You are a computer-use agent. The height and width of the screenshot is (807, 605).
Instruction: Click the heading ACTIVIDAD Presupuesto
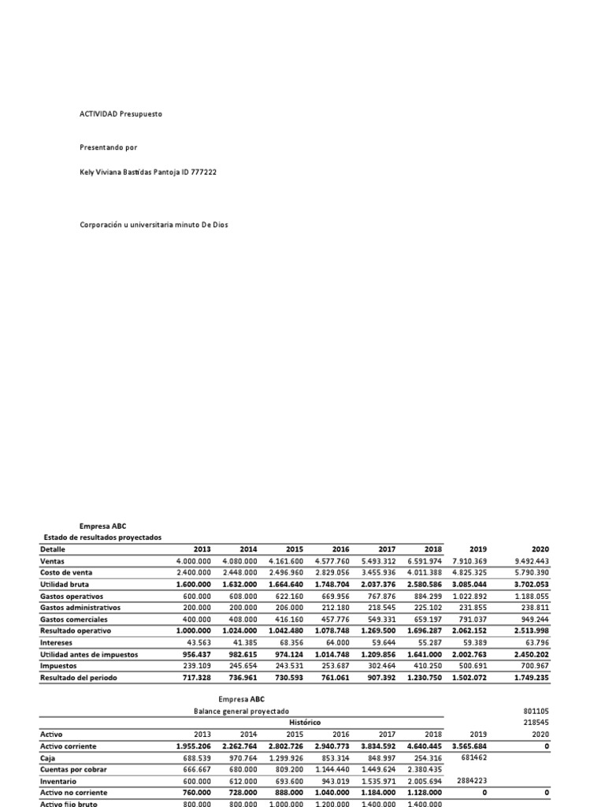(121, 114)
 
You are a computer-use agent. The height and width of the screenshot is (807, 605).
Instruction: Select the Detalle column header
(53, 549)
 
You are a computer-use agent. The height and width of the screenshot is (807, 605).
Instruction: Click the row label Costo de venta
(69, 573)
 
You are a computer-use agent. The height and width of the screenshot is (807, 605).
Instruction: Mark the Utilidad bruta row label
(66, 585)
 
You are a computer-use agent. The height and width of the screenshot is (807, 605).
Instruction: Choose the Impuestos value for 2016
(334, 666)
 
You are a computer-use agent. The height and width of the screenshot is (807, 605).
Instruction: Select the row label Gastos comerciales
(76, 619)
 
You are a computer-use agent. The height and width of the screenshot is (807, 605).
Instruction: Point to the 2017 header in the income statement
(387, 549)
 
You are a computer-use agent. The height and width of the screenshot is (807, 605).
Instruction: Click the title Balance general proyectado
(241, 711)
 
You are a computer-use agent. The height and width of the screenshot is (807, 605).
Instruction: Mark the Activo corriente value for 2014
(239, 745)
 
